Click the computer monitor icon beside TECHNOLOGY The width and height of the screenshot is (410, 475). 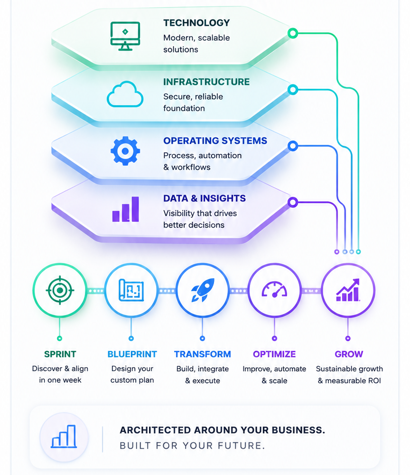coord(125,36)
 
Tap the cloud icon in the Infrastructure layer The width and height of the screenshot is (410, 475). coord(125,94)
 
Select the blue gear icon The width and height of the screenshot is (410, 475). coord(125,151)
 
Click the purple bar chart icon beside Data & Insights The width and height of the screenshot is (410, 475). coord(126,209)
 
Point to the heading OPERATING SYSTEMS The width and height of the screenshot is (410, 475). coord(215,141)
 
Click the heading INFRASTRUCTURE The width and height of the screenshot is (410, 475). coord(206,82)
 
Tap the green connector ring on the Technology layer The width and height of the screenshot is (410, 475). coord(293,33)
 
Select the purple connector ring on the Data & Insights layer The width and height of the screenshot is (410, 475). coord(293,202)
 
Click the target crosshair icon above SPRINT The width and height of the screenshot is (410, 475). coord(60,290)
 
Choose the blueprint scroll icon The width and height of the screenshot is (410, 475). coord(131,290)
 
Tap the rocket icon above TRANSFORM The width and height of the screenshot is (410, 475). coord(203,290)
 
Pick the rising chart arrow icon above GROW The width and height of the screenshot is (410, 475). coord(348,290)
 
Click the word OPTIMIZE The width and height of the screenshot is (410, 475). coord(274,354)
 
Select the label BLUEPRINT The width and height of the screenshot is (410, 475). coord(132,354)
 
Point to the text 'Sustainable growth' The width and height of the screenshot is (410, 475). coord(349,369)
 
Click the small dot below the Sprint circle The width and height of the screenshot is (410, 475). coord(60,338)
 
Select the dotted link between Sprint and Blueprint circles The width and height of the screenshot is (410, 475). coord(96,291)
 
